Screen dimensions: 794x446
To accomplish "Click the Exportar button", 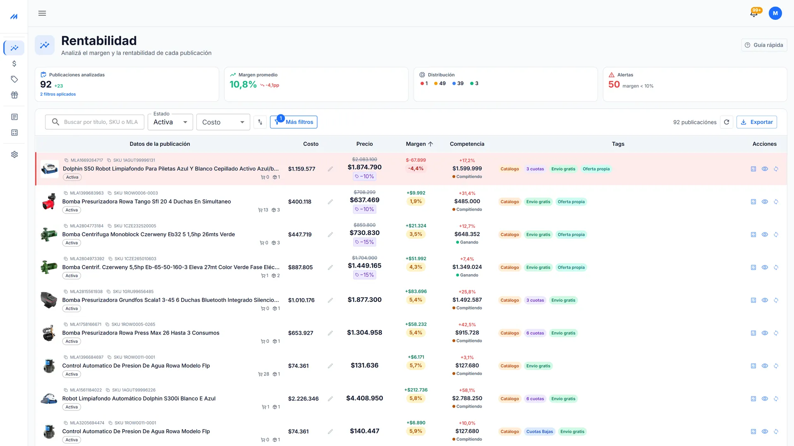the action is coord(756,122).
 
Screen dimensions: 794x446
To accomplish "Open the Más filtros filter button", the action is coord(294,122).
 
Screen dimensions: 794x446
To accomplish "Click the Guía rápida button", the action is coord(764,45).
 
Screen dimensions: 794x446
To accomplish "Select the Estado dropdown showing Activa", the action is coord(170,122).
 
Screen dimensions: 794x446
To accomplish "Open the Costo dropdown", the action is coord(223,122).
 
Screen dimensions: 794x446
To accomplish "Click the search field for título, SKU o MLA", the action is coord(95,122).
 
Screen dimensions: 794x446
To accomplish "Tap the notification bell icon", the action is coord(754,13).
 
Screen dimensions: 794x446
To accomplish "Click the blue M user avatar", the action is coord(775,13).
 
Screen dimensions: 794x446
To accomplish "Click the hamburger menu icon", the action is coord(42,13).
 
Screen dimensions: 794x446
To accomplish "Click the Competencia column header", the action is coord(467,144).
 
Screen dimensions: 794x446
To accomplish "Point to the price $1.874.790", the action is coord(365,167).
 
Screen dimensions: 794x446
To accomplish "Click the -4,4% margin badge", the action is coord(416,168).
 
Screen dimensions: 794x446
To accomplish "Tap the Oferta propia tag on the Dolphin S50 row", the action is coord(596,169).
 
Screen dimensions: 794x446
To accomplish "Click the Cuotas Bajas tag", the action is coord(539,432).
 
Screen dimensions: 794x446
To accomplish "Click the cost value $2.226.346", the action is coord(303,399).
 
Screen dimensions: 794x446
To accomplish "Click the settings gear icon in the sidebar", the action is coord(14,154).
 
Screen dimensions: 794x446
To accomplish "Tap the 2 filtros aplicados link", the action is coord(58,94).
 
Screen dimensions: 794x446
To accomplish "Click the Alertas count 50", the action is coord(614,85).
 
